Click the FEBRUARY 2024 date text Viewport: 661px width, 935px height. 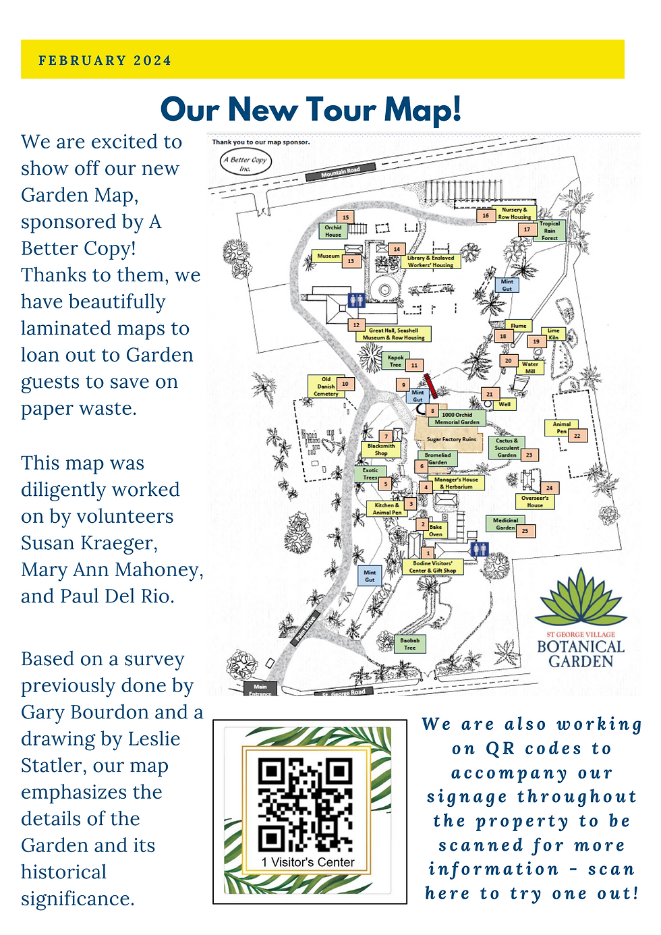[x=105, y=61]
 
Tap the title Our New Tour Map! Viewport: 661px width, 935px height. [x=311, y=109]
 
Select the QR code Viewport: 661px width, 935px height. [x=305, y=805]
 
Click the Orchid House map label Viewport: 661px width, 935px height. [x=333, y=231]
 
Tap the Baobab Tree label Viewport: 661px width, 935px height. [x=409, y=644]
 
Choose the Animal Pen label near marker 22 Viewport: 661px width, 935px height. [x=561, y=428]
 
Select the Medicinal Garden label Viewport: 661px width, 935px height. [x=505, y=524]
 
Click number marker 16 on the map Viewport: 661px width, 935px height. [x=486, y=216]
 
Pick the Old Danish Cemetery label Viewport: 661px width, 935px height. [x=326, y=387]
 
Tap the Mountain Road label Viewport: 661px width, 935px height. [x=341, y=173]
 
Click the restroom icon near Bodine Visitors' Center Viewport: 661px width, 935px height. [x=480, y=548]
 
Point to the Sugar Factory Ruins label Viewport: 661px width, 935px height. [x=451, y=439]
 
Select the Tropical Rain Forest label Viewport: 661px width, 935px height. [x=550, y=231]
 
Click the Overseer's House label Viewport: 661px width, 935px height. [x=535, y=501]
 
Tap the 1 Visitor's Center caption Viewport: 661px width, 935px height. [x=308, y=862]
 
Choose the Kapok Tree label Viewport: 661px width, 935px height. [x=396, y=361]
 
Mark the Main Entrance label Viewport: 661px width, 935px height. [x=260, y=689]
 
